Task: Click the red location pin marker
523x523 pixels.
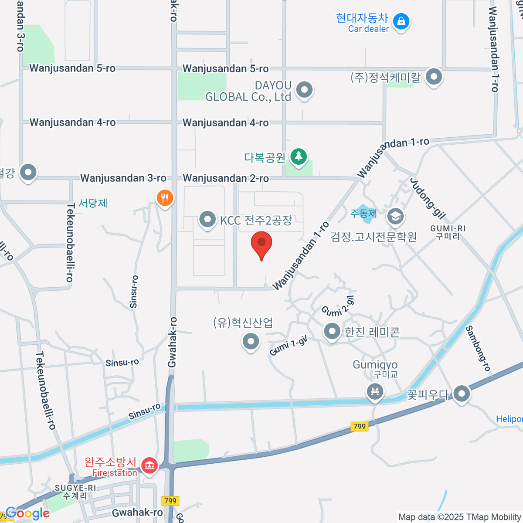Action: (x=261, y=243)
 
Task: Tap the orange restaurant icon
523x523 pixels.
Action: (x=165, y=198)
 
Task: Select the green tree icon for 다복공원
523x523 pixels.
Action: (x=299, y=156)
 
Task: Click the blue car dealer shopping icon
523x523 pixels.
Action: (x=401, y=21)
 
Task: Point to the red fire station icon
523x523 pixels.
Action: (x=149, y=465)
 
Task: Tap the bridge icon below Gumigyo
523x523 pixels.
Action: (x=375, y=391)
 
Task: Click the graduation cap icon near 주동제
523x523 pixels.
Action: (x=395, y=216)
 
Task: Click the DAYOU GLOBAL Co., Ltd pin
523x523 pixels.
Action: (x=304, y=90)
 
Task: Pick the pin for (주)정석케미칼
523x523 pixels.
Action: (x=434, y=77)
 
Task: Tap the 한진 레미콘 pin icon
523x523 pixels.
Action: (x=332, y=332)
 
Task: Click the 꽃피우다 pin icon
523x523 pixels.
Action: (x=462, y=394)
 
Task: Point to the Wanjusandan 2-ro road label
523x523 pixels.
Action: (x=226, y=178)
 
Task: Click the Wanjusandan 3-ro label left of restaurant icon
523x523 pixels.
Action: (x=123, y=178)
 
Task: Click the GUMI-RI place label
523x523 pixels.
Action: (x=448, y=228)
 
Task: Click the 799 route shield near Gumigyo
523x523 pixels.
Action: (x=360, y=426)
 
